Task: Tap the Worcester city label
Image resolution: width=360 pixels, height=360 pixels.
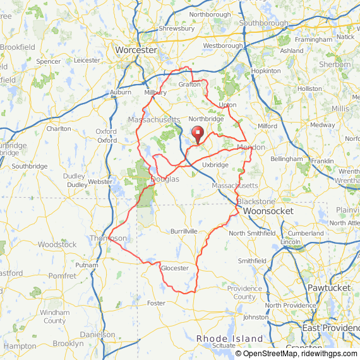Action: click(x=136, y=49)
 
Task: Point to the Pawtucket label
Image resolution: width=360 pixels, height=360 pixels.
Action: click(x=329, y=287)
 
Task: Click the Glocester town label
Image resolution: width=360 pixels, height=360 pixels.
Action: click(x=175, y=268)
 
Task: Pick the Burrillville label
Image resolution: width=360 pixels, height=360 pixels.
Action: click(x=184, y=231)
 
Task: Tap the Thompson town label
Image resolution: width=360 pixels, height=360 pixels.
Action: click(x=108, y=238)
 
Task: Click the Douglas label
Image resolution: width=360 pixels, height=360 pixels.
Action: click(x=165, y=179)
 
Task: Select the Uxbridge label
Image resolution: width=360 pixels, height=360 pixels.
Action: click(x=215, y=165)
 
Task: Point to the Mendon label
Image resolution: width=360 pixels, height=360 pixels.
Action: click(x=251, y=147)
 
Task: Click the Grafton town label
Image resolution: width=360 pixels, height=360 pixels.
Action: click(x=189, y=84)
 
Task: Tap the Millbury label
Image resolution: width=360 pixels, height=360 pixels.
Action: click(x=155, y=92)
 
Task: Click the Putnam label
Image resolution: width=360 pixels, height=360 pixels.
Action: click(x=87, y=265)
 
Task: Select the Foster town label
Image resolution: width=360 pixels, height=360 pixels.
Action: click(x=156, y=303)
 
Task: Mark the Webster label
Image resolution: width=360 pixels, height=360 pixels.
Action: click(x=100, y=182)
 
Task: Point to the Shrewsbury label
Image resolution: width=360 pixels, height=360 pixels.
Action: click(x=177, y=28)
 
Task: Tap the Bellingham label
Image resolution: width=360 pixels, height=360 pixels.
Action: click(x=287, y=159)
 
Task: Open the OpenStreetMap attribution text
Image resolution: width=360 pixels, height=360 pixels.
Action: click(x=265, y=354)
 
